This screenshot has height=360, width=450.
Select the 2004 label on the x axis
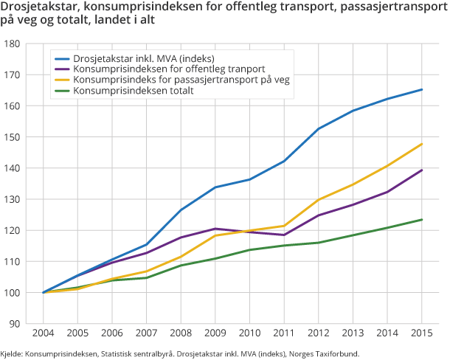[x=44, y=334]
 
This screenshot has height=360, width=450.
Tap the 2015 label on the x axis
[x=421, y=334]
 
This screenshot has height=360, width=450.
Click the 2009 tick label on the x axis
[x=215, y=334]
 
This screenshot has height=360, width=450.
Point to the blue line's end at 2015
[x=421, y=89]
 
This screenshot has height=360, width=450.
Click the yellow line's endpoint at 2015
[x=421, y=144]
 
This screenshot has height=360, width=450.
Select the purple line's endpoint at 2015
[x=421, y=170]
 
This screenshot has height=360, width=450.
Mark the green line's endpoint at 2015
[x=421, y=219]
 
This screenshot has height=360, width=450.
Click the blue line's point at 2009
[x=215, y=187]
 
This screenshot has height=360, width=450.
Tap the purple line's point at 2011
[x=284, y=235]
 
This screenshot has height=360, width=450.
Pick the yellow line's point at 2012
[x=319, y=200]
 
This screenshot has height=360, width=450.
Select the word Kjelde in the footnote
[x=11, y=354]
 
